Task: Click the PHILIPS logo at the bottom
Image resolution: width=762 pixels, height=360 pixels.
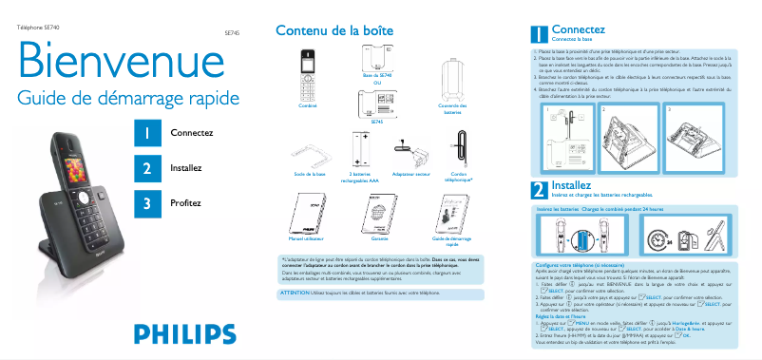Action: tap(184, 333)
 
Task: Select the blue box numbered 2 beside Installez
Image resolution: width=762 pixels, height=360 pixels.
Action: tap(146, 168)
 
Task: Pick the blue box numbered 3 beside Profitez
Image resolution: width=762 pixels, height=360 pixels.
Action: tap(146, 202)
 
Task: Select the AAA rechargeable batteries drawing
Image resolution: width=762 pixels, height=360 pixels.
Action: tap(360, 150)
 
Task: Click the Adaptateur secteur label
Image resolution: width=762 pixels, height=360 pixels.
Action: tap(410, 175)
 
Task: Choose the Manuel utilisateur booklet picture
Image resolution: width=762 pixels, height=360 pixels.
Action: tap(307, 215)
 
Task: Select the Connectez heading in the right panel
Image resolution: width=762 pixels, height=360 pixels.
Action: tap(578, 29)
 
